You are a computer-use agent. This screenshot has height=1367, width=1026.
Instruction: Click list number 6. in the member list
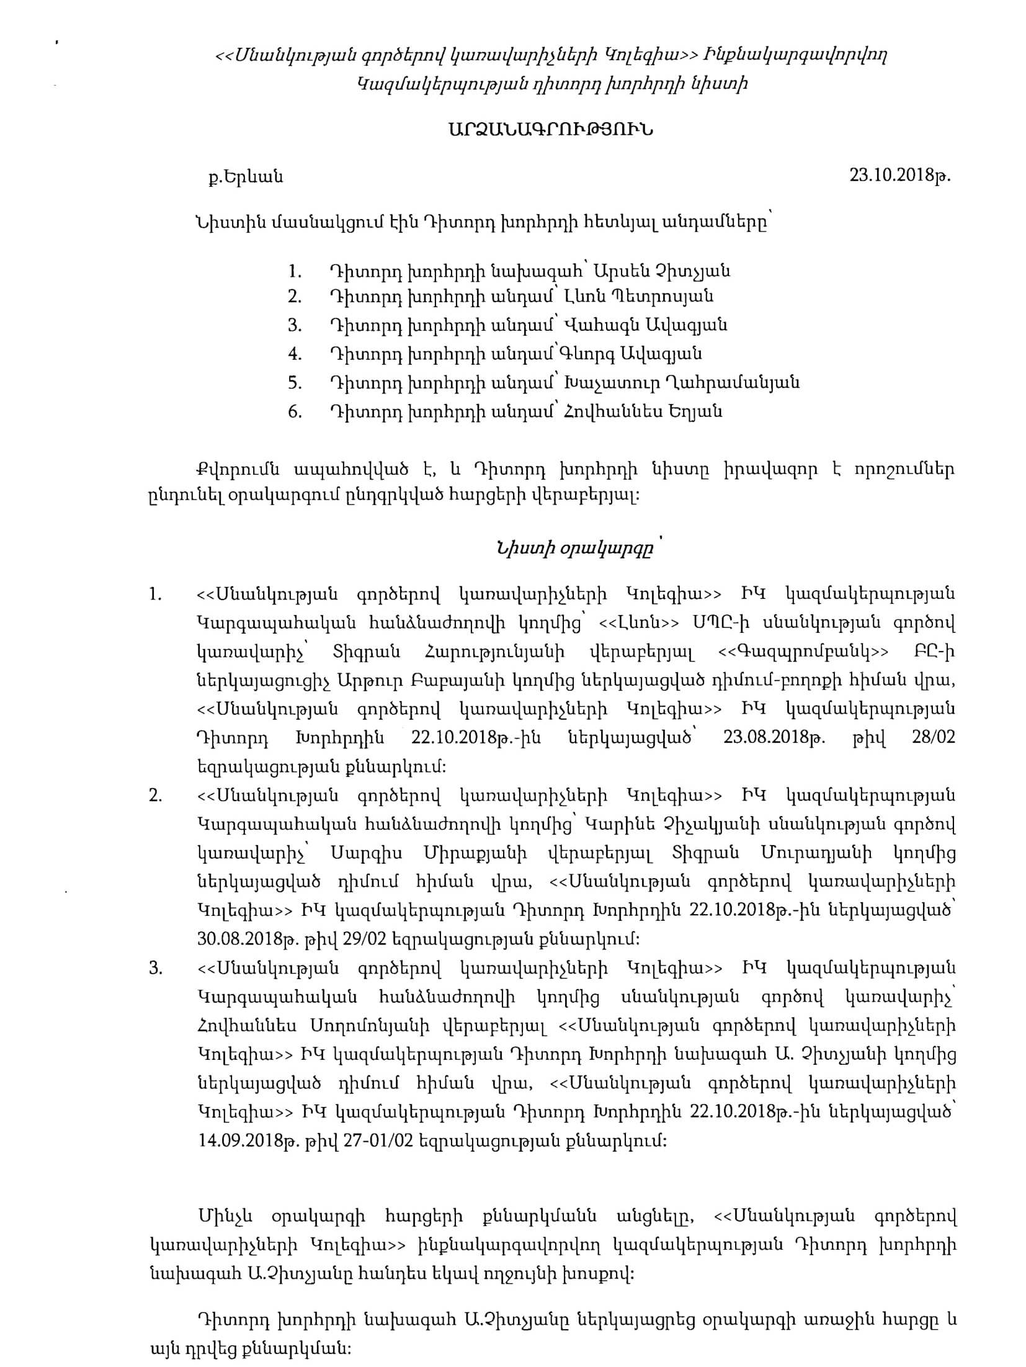295,412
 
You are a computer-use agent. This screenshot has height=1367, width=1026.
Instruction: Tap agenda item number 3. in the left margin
155,969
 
